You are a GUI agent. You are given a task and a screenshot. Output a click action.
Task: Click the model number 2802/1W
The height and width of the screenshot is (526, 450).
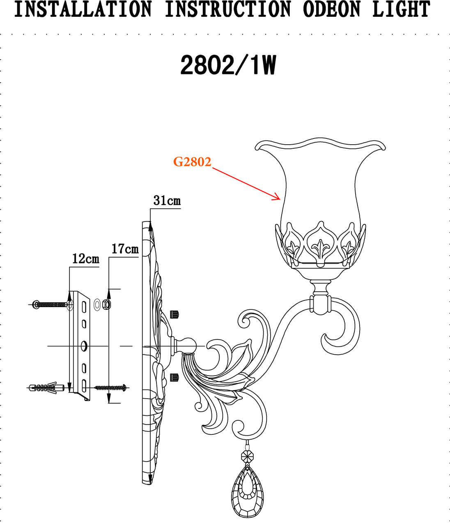click(228, 66)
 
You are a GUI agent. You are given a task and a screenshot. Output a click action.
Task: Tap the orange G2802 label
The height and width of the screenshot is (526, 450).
click(192, 162)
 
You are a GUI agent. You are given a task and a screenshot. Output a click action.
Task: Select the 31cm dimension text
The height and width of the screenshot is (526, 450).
click(167, 201)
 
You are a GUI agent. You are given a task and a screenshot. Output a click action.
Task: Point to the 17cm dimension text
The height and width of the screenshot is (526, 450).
click(125, 249)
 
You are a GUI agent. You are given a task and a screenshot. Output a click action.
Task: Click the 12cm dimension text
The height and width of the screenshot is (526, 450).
click(85, 258)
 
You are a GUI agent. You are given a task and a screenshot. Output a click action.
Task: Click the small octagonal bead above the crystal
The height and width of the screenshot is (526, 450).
click(248, 456)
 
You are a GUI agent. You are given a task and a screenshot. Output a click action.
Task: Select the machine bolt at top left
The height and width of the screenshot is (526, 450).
click(50, 305)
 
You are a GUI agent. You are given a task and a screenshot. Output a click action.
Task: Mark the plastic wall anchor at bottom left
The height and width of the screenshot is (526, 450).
click(43, 388)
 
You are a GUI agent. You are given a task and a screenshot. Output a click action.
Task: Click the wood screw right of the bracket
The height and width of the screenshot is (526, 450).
click(110, 387)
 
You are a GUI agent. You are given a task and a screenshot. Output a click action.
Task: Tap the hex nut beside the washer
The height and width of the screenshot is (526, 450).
click(106, 305)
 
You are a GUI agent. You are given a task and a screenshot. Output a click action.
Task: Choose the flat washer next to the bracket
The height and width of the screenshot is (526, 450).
click(97, 305)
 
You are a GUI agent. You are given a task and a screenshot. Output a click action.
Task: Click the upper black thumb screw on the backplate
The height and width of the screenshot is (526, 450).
click(174, 314)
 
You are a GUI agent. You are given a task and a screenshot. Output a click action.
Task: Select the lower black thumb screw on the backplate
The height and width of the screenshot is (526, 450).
click(174, 377)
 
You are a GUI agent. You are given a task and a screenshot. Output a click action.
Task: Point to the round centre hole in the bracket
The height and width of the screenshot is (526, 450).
click(84, 346)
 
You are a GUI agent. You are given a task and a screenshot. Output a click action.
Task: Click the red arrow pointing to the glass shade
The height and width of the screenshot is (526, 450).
click(246, 184)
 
